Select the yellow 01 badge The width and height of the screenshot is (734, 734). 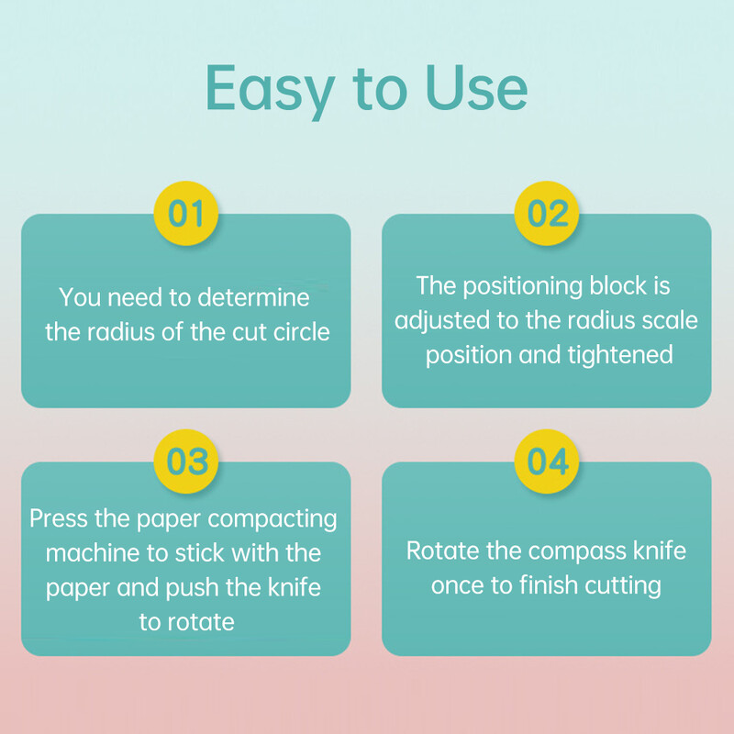click(186, 214)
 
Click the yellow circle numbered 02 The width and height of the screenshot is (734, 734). click(546, 214)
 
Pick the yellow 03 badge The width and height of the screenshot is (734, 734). click(186, 462)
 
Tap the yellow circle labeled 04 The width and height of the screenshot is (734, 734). click(546, 462)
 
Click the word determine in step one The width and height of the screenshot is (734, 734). click(253, 297)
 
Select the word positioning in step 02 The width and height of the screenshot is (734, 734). click(522, 286)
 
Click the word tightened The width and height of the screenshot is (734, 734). click(620, 355)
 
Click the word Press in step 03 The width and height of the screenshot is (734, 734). click(59, 518)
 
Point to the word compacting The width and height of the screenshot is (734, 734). click(272, 520)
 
